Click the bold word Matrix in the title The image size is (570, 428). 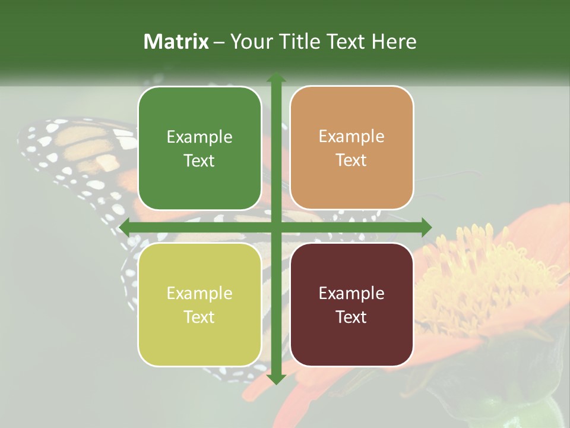176,42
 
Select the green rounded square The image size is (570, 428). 199,149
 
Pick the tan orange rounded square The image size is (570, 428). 351,148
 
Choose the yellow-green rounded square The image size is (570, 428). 199,304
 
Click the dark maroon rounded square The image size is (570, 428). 351,304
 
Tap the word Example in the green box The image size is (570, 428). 199,137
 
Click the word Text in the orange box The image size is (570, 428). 351,160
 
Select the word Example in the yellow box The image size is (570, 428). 199,294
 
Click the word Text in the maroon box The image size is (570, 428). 351,317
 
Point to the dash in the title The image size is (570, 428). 219,42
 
